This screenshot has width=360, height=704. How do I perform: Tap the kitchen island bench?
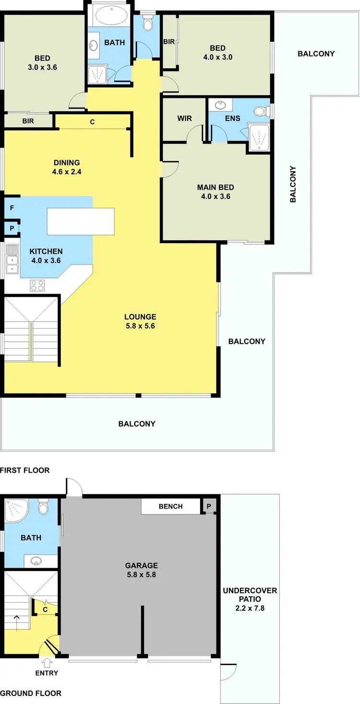(81, 221)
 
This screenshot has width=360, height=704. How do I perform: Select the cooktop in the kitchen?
(37, 285)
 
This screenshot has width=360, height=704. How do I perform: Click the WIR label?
(184, 118)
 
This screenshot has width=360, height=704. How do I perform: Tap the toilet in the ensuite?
(260, 112)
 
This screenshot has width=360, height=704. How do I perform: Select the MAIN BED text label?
(216, 187)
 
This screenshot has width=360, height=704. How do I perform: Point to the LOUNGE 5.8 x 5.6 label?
(140, 321)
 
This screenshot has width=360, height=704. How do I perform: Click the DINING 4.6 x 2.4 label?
(67, 167)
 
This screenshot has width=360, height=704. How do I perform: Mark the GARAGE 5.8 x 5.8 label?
(141, 570)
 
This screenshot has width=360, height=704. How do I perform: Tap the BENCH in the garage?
(170, 506)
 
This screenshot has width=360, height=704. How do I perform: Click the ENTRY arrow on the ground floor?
(47, 663)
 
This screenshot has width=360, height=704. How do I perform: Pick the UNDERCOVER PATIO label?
(250, 595)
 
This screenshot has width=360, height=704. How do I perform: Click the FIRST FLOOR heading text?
(25, 470)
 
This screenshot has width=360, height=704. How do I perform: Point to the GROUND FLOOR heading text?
(31, 693)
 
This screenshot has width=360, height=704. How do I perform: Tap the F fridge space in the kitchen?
(11, 209)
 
